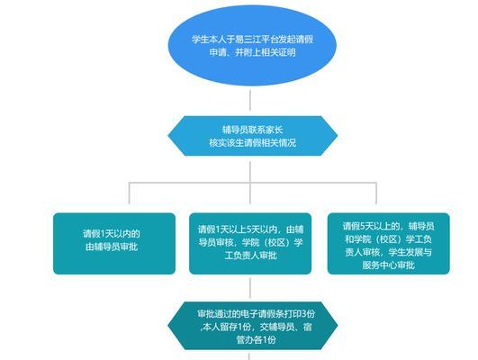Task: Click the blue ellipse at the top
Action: coord(252,46)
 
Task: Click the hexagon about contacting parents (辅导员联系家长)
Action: coord(253,136)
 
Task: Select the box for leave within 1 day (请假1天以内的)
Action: coord(114,244)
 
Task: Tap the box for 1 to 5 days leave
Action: coord(250,244)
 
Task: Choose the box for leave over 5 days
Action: coord(388,244)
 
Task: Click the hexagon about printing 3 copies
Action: coord(253,326)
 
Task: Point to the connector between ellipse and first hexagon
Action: coord(250,100)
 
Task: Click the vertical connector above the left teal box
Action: coord(130,193)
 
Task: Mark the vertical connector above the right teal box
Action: coord(376,193)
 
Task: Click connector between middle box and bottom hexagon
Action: coord(250,288)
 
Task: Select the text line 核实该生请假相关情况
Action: coord(253,143)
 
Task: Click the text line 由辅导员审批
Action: coord(112,247)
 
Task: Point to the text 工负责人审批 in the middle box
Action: coord(250,256)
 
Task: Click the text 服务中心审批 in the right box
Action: coord(388,265)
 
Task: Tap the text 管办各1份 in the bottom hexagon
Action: coord(256,339)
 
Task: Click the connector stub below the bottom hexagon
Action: coord(249,356)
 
